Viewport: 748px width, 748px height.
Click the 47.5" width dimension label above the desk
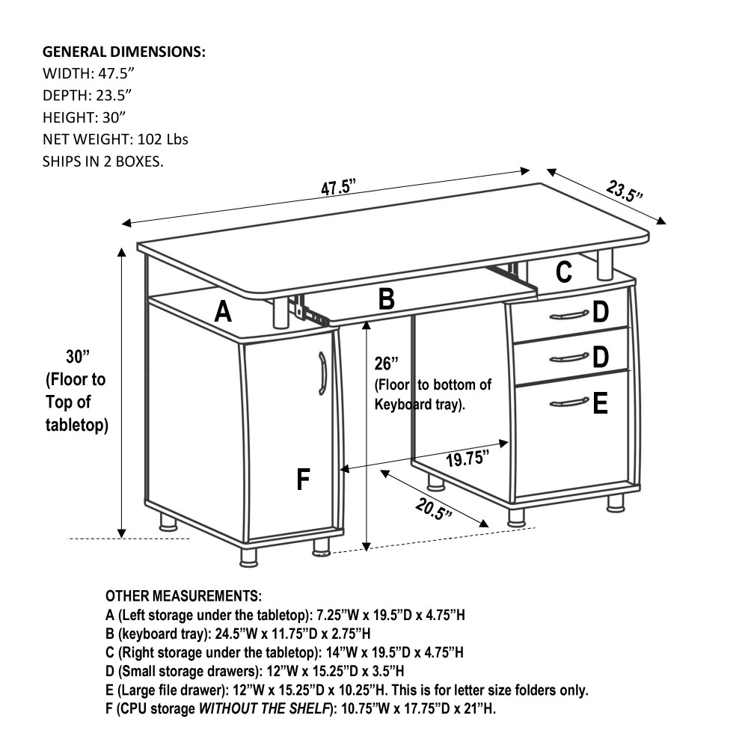coord(337,187)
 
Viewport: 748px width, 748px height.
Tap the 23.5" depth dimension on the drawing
coord(625,191)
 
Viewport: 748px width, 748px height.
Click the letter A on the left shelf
coord(222,311)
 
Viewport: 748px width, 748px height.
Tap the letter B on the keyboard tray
coord(386,299)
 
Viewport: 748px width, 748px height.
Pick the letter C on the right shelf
coord(564,272)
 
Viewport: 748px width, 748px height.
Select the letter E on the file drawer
coord(600,405)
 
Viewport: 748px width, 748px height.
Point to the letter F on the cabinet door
coord(303,479)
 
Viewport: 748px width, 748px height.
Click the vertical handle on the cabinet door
coord(322,373)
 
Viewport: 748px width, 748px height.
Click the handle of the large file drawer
coord(569,404)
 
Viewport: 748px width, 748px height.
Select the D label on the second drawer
coord(600,358)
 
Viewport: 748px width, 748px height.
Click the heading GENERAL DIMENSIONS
coord(124,52)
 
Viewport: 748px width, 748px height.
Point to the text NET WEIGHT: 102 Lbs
coord(115,140)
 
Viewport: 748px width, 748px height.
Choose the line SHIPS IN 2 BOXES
coord(102,162)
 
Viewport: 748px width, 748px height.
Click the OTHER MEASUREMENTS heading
coord(183,596)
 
